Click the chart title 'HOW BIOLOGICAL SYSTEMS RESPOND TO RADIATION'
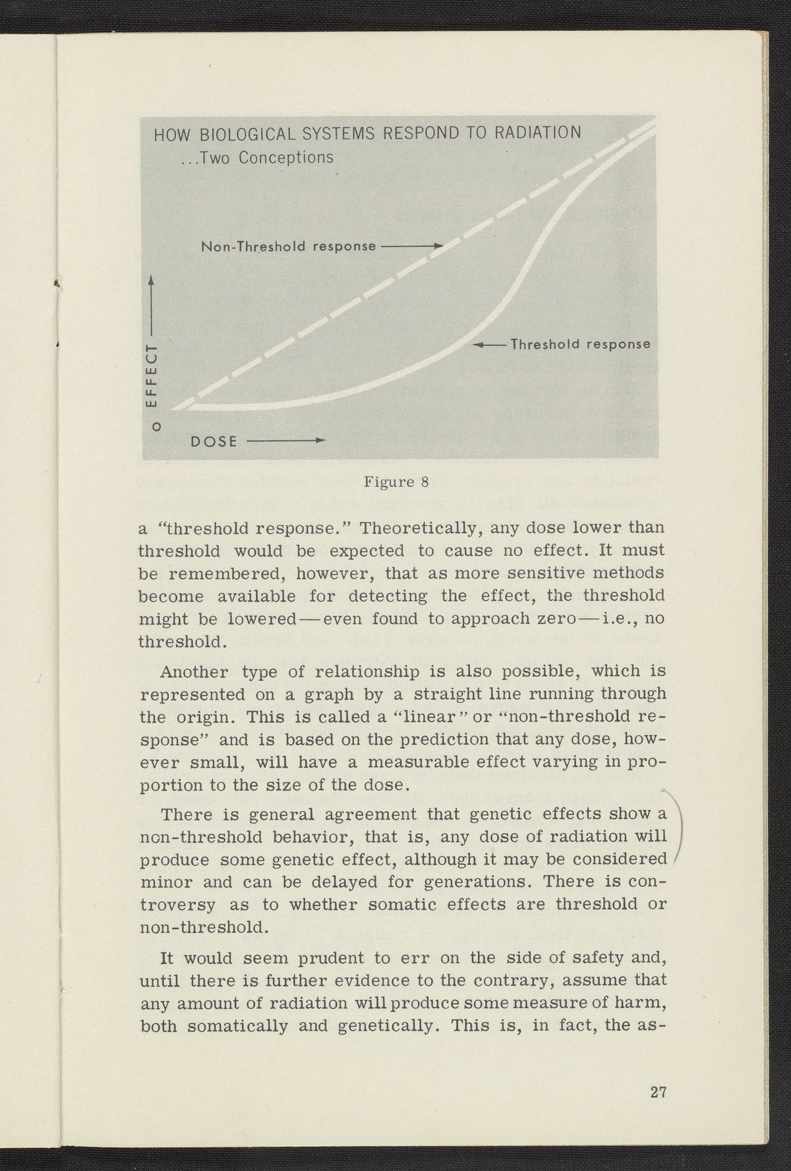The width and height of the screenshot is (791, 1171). click(367, 133)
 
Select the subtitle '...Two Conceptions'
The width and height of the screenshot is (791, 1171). click(257, 158)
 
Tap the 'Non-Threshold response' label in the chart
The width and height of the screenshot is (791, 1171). click(288, 247)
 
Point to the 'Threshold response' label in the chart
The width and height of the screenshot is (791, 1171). click(581, 345)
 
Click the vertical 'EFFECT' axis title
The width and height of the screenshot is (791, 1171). click(153, 376)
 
